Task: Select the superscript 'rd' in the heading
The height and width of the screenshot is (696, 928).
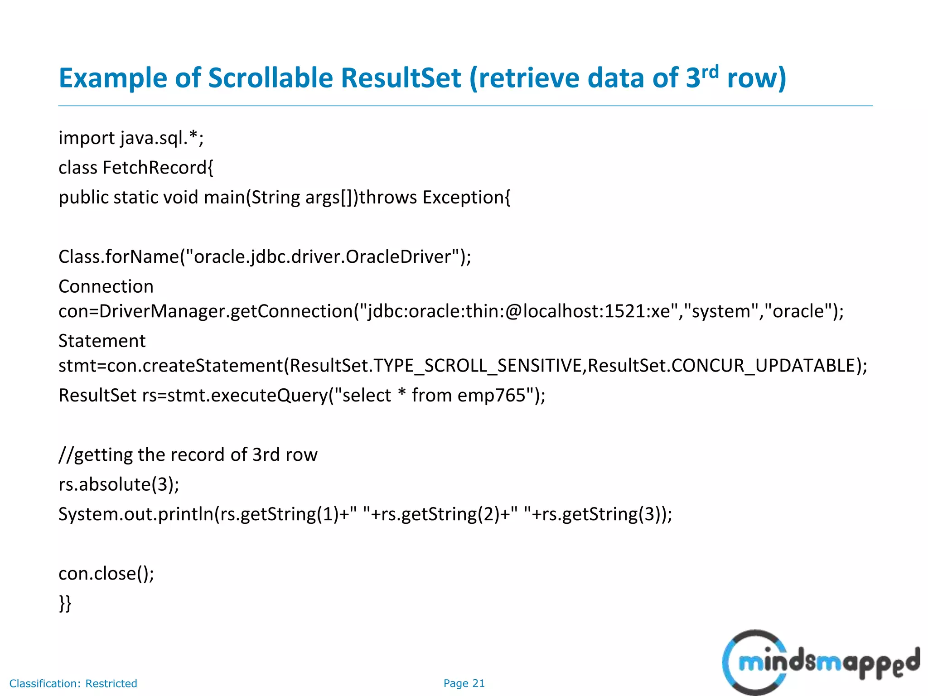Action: click(x=710, y=72)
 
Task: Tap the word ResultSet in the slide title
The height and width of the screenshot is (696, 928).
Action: click(x=401, y=78)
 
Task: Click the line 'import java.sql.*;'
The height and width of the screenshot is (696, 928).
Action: click(x=131, y=138)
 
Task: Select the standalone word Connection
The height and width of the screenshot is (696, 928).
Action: click(x=106, y=286)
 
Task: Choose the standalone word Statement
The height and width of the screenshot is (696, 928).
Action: click(x=102, y=341)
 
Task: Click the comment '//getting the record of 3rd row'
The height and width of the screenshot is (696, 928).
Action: click(x=188, y=454)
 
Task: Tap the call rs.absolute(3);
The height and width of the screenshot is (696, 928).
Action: click(x=119, y=484)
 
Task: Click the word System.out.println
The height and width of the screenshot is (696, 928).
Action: click(x=136, y=514)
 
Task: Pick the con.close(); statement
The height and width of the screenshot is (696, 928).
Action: click(x=106, y=574)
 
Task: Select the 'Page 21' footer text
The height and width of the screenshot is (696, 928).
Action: click(x=464, y=683)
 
